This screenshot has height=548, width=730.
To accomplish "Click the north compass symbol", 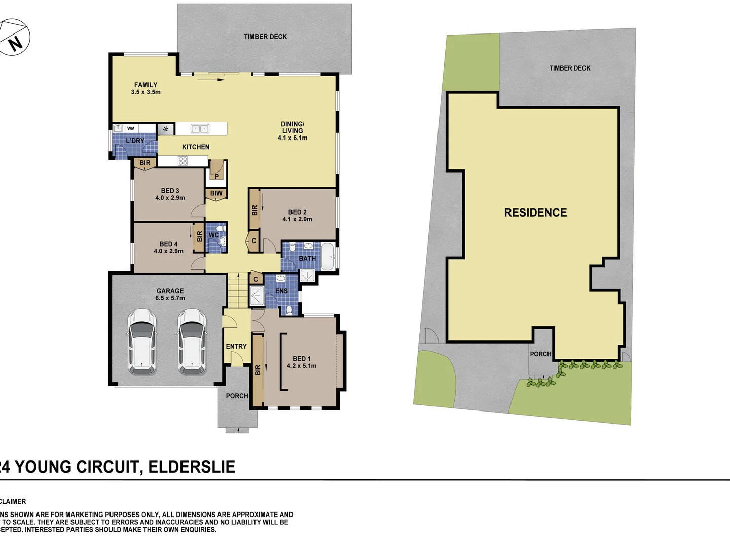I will click(x=14, y=38).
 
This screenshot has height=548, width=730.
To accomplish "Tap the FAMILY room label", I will click(x=145, y=85).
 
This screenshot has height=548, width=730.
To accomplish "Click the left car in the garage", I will click(x=141, y=341).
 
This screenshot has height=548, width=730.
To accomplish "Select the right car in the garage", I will click(x=192, y=341).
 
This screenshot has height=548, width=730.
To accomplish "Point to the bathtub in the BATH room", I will click(x=328, y=258).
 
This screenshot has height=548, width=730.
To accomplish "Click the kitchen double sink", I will click(x=200, y=129).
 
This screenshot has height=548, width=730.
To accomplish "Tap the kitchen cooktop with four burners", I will click(x=183, y=161).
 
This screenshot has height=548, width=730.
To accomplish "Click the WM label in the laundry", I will click(x=131, y=128).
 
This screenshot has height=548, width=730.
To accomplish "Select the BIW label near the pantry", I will click(x=216, y=193).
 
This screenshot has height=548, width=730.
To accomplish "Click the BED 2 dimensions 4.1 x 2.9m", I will click(x=297, y=219).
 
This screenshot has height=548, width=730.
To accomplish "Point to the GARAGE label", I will click(x=170, y=291).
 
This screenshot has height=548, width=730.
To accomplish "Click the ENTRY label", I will click(x=236, y=346).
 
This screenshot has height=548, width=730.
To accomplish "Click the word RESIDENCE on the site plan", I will click(x=535, y=213).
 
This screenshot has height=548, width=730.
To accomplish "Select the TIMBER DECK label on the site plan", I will click(x=570, y=68).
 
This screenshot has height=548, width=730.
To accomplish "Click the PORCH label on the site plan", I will click(x=540, y=354).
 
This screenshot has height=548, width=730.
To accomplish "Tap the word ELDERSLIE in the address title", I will click(x=192, y=467).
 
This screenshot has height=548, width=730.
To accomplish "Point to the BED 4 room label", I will click(x=168, y=244).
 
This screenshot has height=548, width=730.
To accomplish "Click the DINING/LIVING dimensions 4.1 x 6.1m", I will click(x=293, y=138).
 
